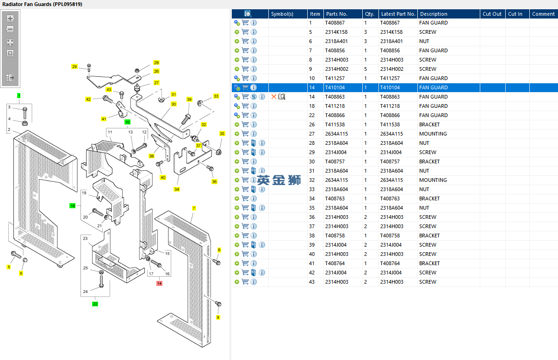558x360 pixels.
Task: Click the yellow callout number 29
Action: pos(74,67)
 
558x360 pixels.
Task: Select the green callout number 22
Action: pos(95,304)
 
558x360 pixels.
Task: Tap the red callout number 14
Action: pos(159,283)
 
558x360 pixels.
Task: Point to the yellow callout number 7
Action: pos(194,209)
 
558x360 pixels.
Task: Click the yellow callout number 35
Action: pos(222,134)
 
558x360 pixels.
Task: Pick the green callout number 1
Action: pos(19,95)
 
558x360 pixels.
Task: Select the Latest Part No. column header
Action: pos(398,14)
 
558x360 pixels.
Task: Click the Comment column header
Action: pos(543,14)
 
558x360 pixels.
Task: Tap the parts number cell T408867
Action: pos(335,23)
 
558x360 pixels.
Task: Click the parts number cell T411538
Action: pos(335,124)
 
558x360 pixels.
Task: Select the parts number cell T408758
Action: pos(335,236)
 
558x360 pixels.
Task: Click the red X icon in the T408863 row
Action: pos(274,97)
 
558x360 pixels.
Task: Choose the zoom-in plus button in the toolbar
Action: pos(10,19)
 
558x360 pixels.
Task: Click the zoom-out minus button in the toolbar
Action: pos(10,29)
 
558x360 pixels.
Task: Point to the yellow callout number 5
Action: pos(8,267)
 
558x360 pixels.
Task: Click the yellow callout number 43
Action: pos(109,90)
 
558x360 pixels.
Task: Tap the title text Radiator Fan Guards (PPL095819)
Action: pos(42,4)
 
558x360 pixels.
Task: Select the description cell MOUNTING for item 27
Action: pos(433,134)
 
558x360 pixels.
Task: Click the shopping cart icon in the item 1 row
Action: pos(245,23)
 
